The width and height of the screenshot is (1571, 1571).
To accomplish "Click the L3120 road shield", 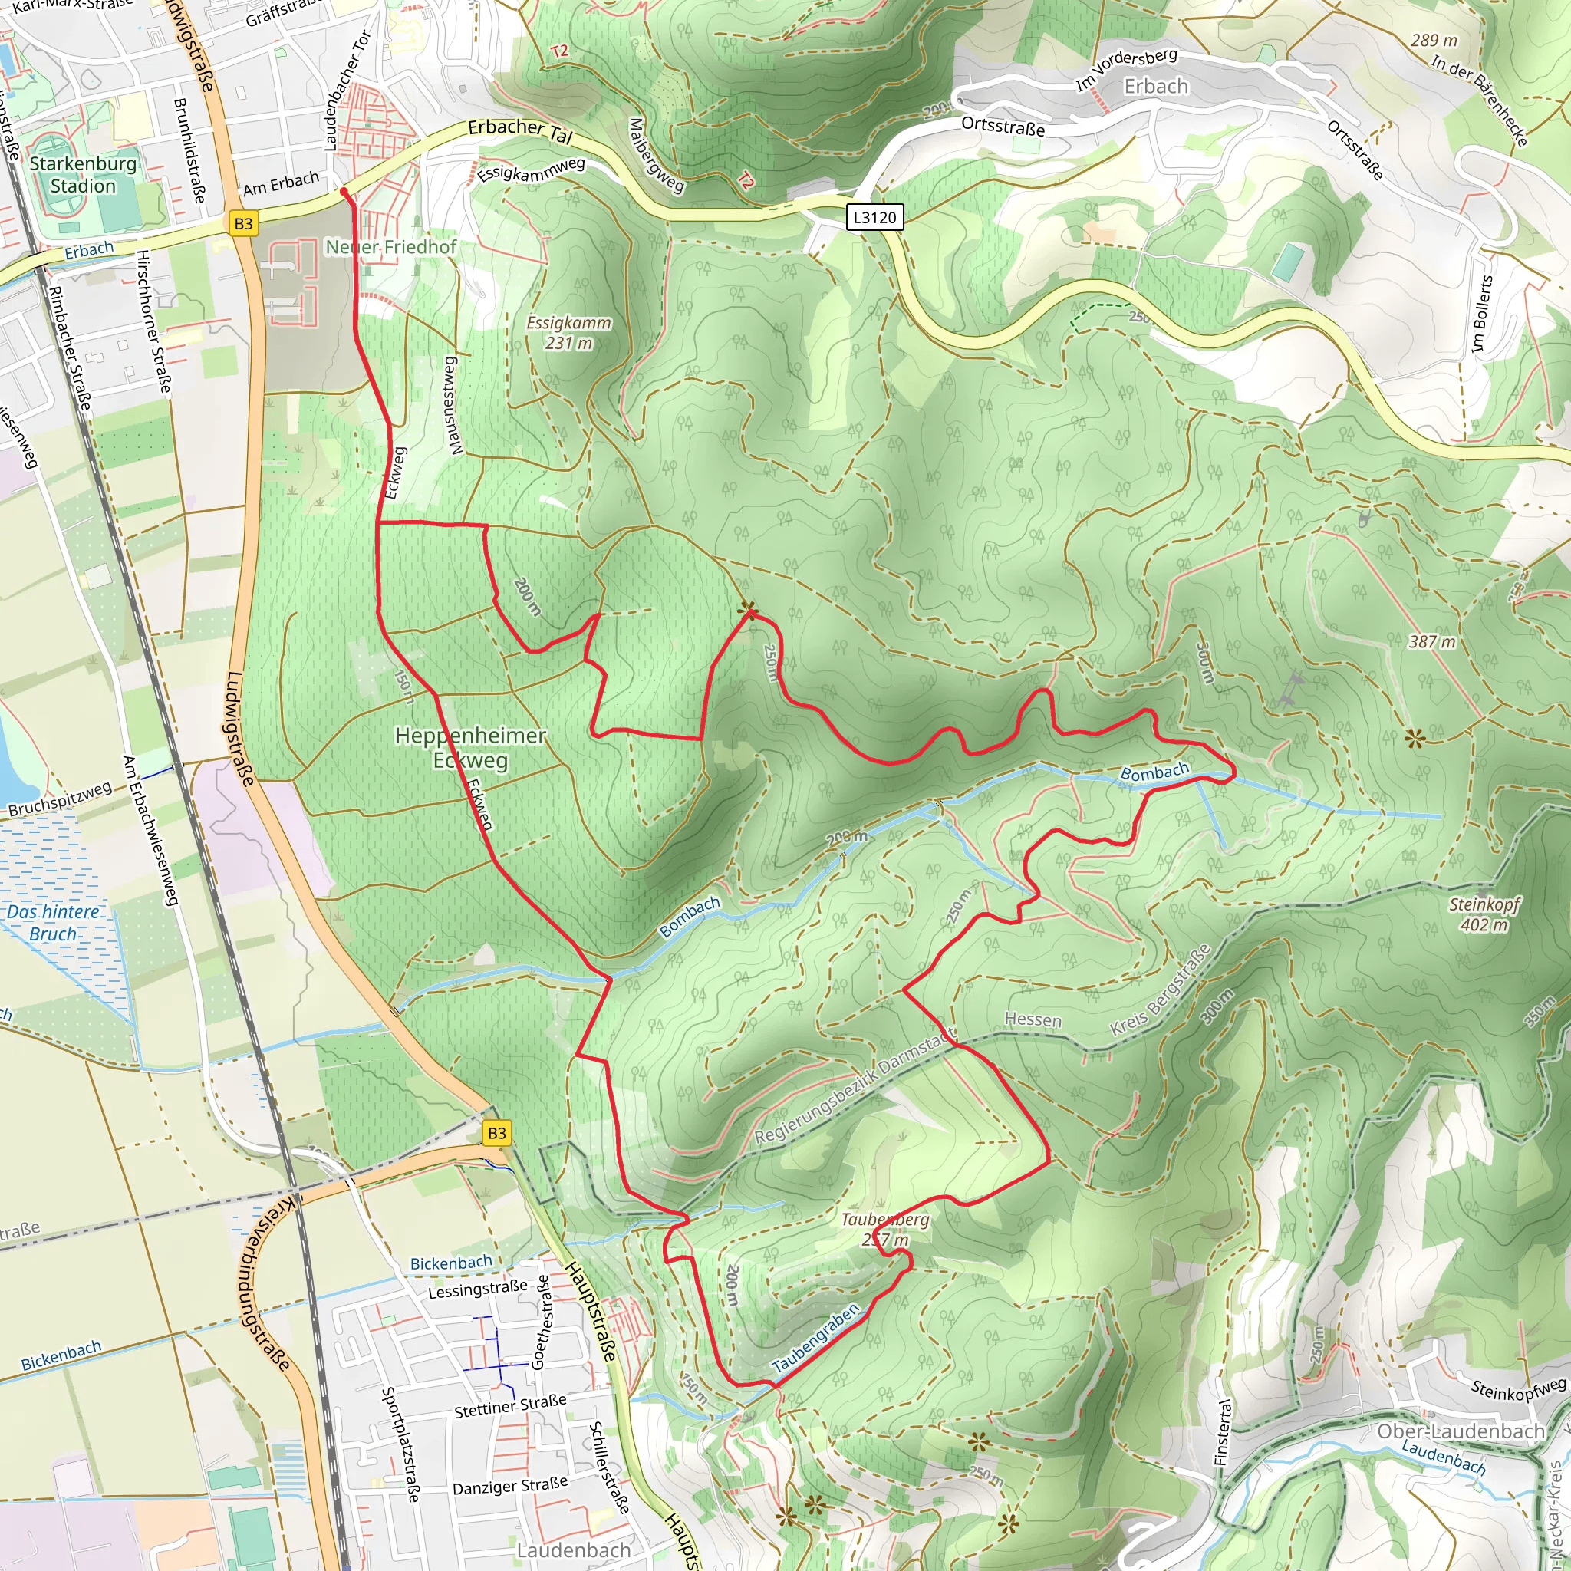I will click(x=874, y=217).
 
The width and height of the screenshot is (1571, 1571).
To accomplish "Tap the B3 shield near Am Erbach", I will click(x=243, y=224).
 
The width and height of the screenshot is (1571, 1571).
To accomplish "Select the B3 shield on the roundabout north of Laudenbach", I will click(x=497, y=1133).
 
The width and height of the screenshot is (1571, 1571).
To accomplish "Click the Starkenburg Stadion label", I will click(x=83, y=174).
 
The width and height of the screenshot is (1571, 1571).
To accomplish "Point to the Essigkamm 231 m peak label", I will click(x=568, y=333).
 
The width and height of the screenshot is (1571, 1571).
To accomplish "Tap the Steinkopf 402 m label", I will click(x=1484, y=914).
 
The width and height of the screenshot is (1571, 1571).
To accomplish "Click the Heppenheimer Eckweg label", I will click(x=470, y=747).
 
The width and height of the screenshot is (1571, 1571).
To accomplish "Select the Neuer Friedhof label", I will click(x=391, y=246).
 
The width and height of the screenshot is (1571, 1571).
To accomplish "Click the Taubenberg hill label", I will click(x=884, y=1229).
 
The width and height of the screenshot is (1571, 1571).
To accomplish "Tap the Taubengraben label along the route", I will click(x=815, y=1338).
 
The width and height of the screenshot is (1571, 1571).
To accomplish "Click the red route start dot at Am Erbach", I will click(x=343, y=192).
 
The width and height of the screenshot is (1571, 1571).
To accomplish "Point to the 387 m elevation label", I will click(x=1432, y=641).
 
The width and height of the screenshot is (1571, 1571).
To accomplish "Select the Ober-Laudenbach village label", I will click(x=1461, y=1431).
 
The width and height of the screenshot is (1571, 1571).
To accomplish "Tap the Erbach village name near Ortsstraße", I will click(x=1155, y=86).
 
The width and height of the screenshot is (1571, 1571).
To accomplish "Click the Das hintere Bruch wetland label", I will click(x=53, y=923).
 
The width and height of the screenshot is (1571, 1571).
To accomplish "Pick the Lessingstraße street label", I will click(x=477, y=1289).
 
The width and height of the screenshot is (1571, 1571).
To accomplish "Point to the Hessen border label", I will click(x=1033, y=1019).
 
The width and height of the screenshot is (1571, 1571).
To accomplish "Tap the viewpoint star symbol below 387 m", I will click(x=1415, y=739).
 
